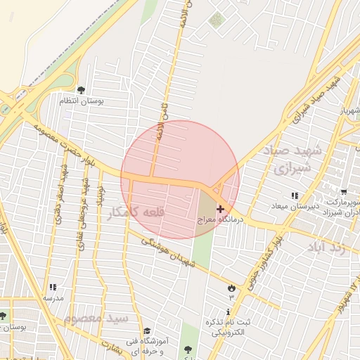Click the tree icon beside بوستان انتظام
(x=81, y=90)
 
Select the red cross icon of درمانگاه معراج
(x=221, y=209)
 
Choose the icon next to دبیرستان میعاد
(x=294, y=195)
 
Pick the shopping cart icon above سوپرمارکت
(x=344, y=191)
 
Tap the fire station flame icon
(x=231, y=287)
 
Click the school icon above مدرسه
(x=52, y=287)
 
